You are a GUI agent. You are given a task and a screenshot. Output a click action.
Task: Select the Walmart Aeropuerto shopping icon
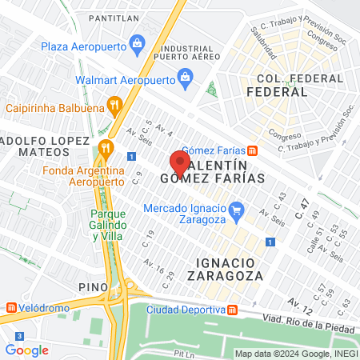(x=185, y=78)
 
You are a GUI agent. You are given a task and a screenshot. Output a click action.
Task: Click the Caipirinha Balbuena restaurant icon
(x=116, y=104)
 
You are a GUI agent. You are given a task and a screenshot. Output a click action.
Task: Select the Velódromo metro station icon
(x=10, y=307)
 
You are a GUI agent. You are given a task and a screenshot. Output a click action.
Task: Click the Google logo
(x=26, y=350)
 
